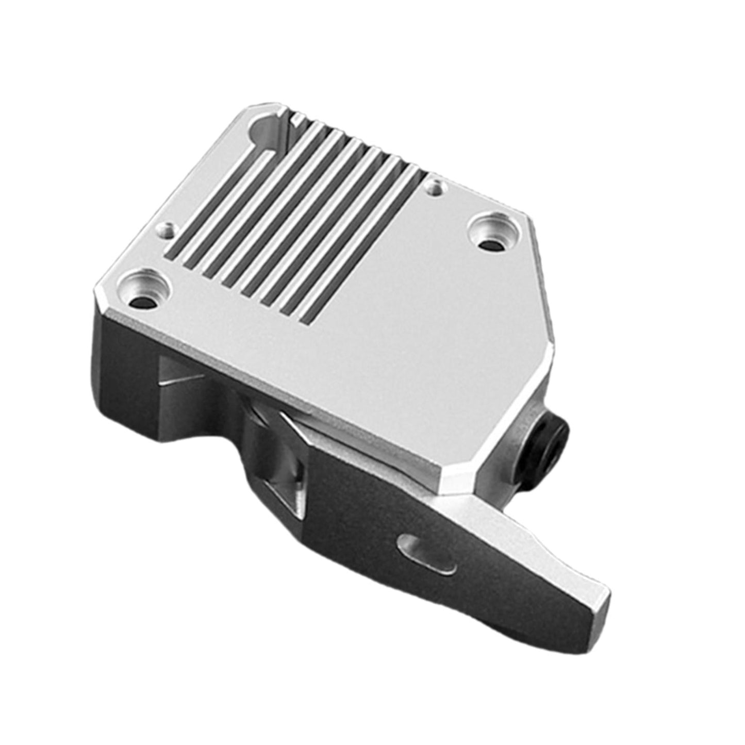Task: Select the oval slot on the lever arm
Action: click(x=427, y=554)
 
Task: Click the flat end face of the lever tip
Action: click(x=601, y=603)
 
